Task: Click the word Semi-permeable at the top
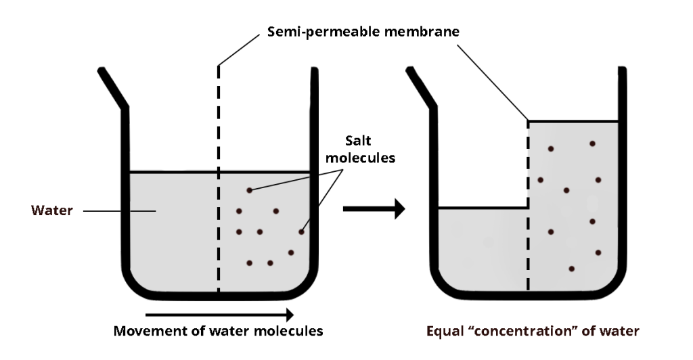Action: tap(316, 32)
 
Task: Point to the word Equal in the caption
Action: tap(446, 332)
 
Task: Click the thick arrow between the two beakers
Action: tap(373, 209)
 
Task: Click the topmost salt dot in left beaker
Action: tap(249, 190)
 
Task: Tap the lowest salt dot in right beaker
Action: tap(572, 269)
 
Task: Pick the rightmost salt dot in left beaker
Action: tap(301, 232)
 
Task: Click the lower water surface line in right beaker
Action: tap(482, 208)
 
